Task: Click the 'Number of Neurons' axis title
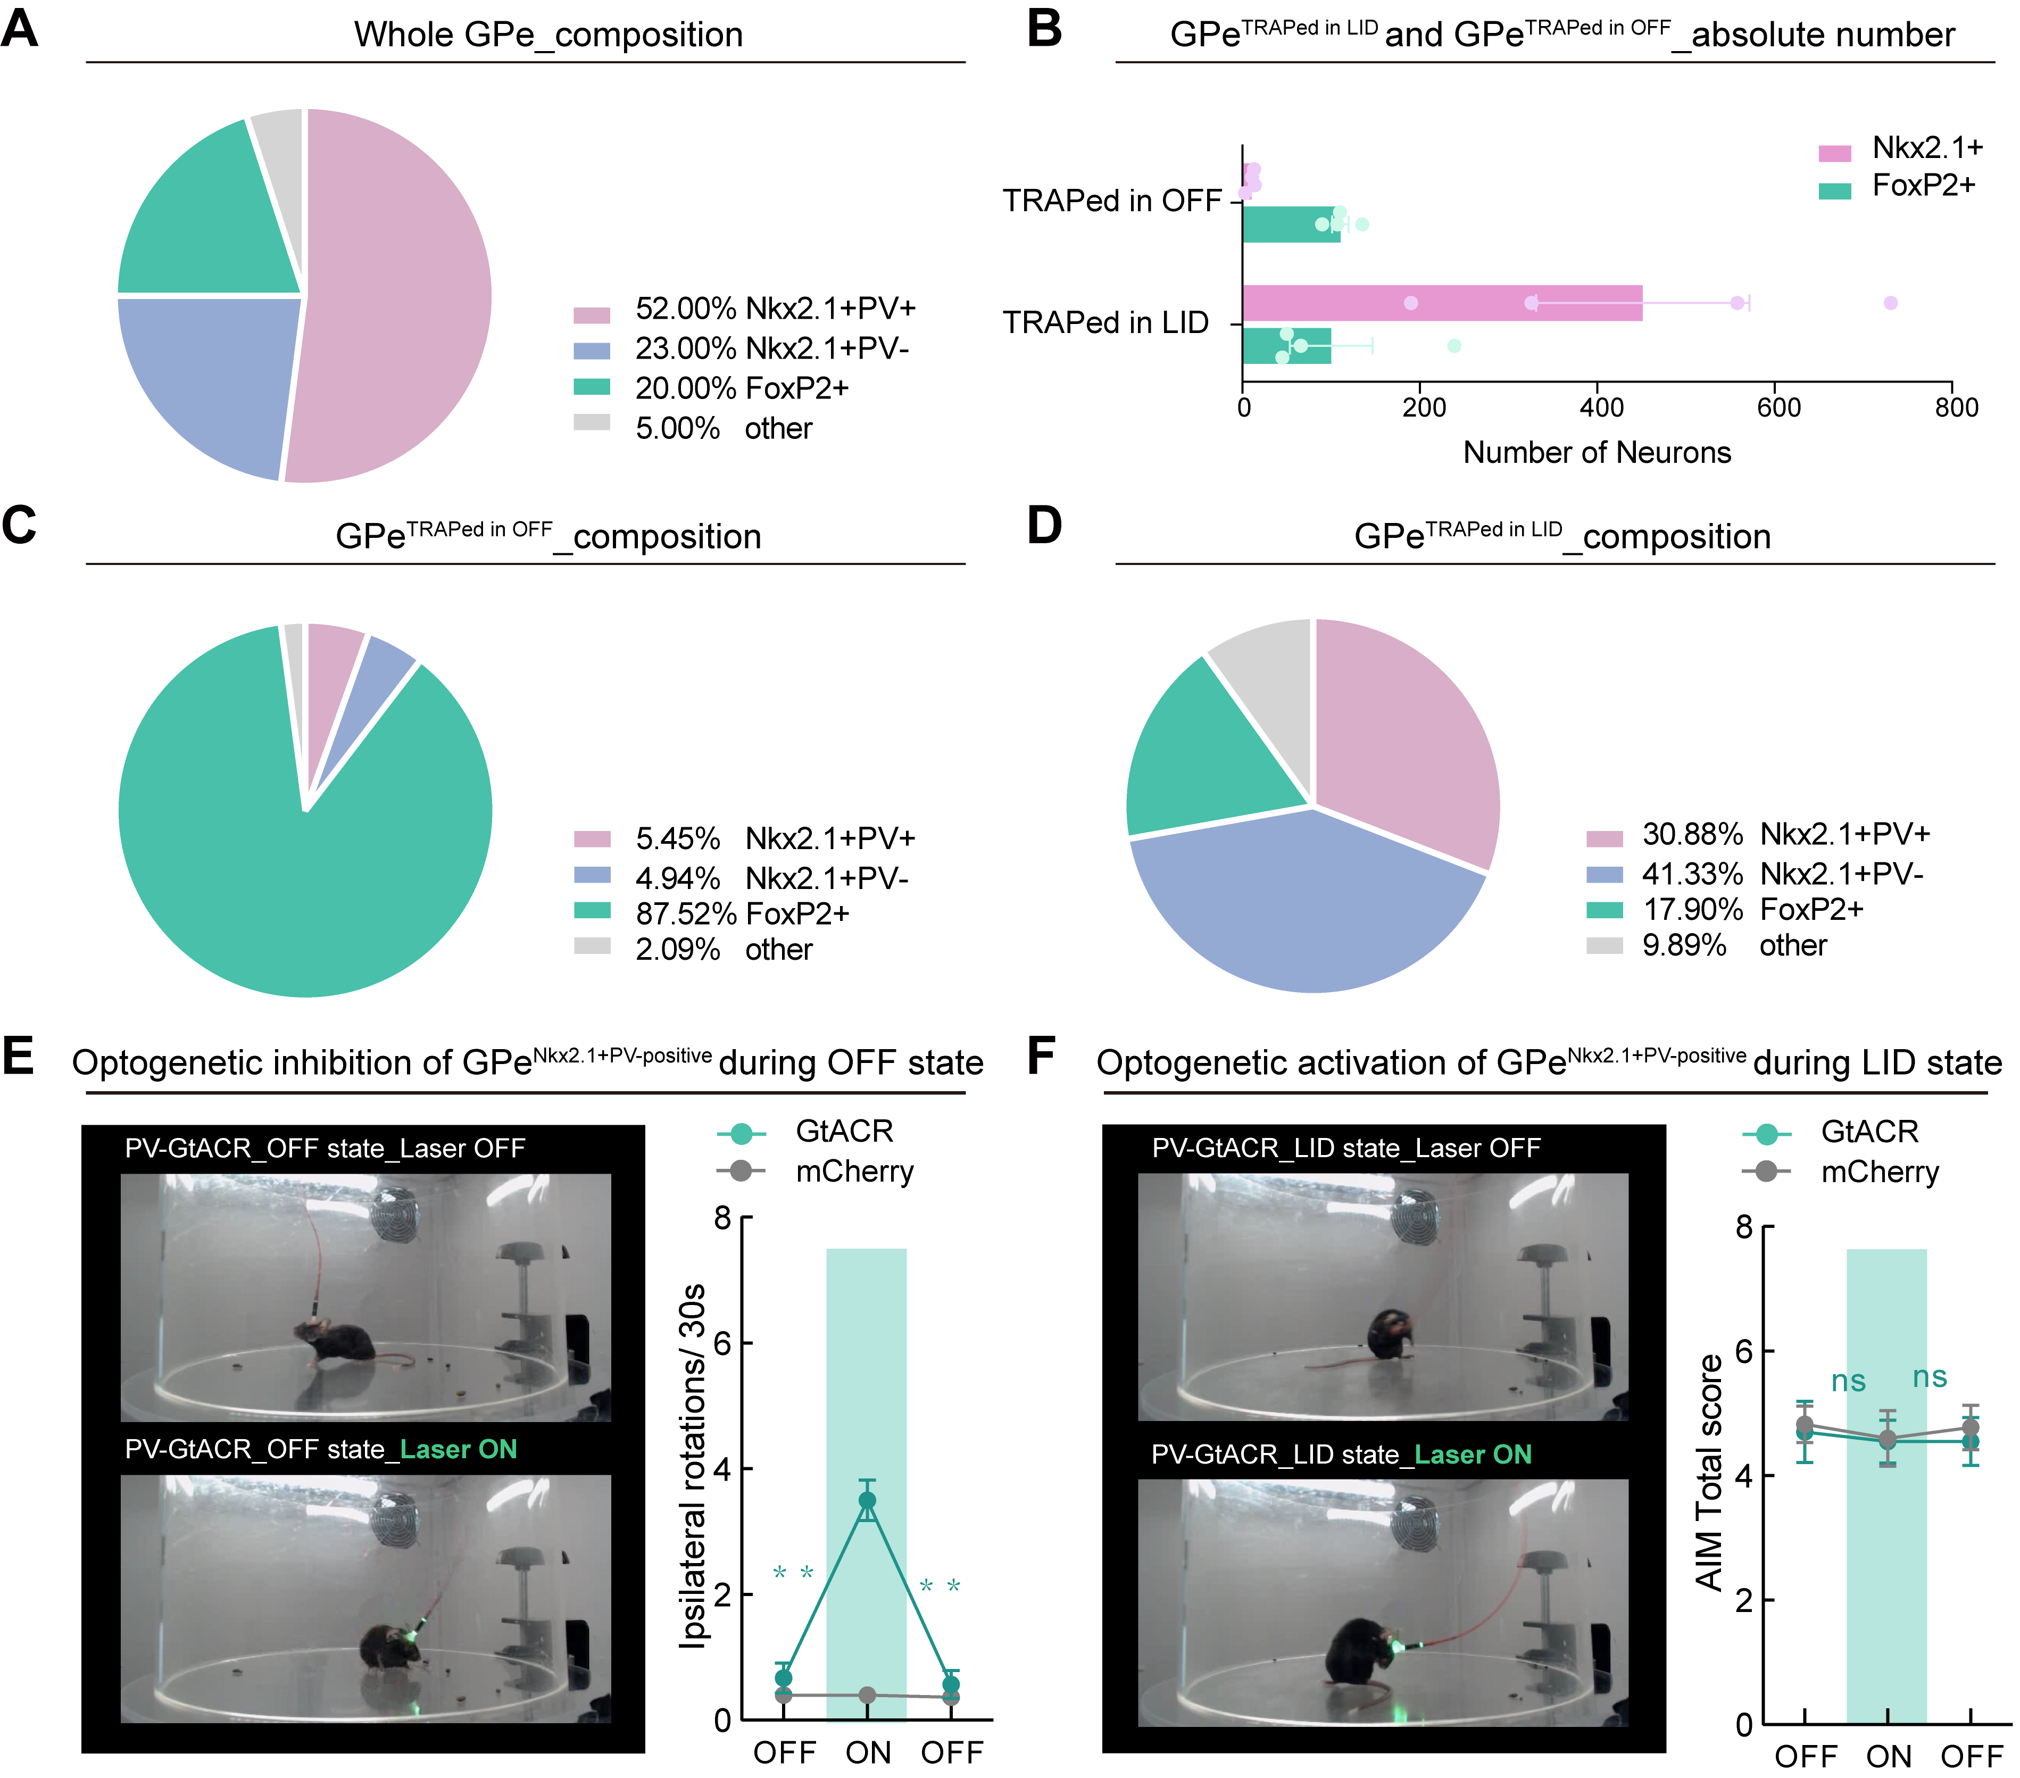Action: pyautogui.click(x=1597, y=453)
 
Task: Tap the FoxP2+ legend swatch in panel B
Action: pyautogui.click(x=1834, y=190)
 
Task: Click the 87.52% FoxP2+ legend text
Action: pyautogui.click(x=742, y=913)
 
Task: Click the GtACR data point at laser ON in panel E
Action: pyautogui.click(x=867, y=1500)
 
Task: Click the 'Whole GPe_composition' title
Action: pyautogui.click(x=548, y=35)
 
